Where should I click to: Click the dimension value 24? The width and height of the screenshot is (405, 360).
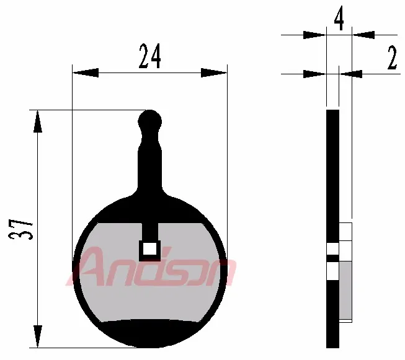point(149,58)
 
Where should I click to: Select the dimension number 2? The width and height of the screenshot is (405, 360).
point(391,59)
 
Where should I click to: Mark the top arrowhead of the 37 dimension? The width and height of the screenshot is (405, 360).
point(38,121)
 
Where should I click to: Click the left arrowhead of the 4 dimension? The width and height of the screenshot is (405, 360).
point(314,35)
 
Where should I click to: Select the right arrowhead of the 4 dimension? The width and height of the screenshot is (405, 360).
point(363,35)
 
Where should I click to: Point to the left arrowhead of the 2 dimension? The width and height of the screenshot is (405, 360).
point(314,74)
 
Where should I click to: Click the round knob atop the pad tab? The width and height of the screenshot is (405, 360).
point(149,120)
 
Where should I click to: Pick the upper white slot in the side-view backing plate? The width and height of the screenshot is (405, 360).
point(333,249)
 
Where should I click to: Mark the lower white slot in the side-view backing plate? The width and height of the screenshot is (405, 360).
point(333,271)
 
